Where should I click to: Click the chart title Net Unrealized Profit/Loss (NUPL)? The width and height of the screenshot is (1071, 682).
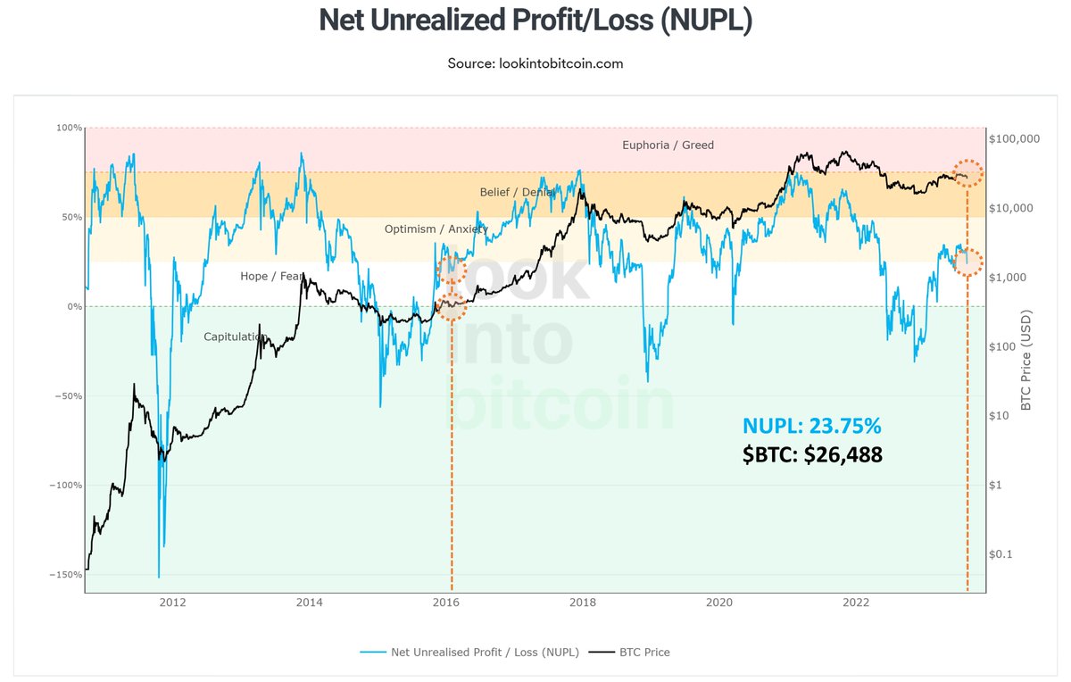tap(535, 21)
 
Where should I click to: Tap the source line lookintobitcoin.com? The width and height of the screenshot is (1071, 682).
tap(535, 63)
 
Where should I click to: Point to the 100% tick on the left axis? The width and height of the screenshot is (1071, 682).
tap(69, 128)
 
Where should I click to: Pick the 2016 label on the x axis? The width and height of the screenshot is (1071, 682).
tap(446, 603)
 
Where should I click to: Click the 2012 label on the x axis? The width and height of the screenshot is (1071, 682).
tap(172, 603)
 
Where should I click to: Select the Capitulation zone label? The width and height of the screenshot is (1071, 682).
tap(236, 337)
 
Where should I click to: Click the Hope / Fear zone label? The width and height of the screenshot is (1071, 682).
tap(272, 276)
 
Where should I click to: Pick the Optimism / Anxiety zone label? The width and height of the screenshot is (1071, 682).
tap(436, 229)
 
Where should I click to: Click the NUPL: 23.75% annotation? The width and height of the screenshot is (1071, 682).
tap(812, 426)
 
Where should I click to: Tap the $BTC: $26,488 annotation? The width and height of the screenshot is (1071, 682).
tap(812, 455)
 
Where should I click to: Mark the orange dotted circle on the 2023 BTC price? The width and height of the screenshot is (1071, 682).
tap(967, 174)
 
